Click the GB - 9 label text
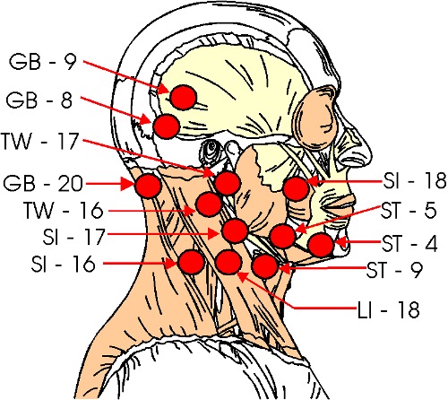tap(43, 62)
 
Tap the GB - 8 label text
tap(39, 100)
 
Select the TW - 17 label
tap(40, 141)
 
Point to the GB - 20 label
tap(43, 183)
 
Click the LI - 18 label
tap(389, 309)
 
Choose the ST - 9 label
tap(394, 270)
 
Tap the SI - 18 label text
tap(415, 180)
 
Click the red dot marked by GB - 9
tap(183, 97)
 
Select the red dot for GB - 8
tap(167, 126)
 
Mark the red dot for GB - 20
tap(149, 186)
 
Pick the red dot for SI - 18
tap(296, 188)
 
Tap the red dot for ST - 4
tap(321, 245)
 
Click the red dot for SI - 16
tap(192, 262)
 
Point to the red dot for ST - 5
tap(282, 236)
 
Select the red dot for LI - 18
tap(228, 262)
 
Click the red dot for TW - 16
tap(209, 204)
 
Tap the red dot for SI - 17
tap(235, 230)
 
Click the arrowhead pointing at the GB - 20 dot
tap(127, 184)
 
